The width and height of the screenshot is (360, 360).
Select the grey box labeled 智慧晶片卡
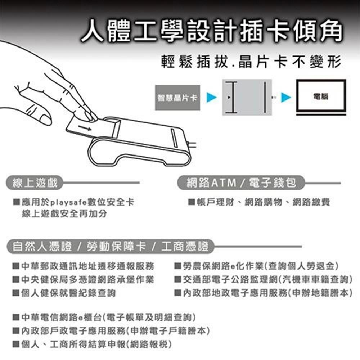point(177,98)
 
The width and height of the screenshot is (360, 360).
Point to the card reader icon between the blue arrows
point(246,98)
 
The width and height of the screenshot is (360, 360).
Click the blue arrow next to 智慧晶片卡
point(212,97)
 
